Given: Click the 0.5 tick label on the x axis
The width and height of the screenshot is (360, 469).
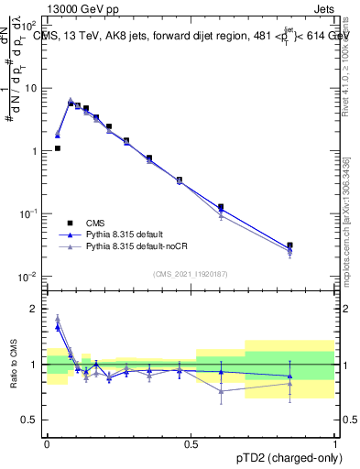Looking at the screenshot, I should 191,443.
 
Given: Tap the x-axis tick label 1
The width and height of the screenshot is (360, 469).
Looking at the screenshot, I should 334,443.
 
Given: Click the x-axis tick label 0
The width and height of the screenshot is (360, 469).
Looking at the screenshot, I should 47,443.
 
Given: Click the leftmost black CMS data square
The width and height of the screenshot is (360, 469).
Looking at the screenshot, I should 57,147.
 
